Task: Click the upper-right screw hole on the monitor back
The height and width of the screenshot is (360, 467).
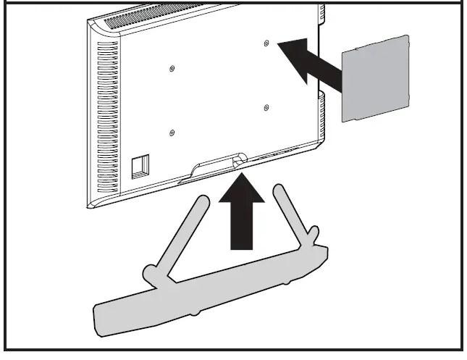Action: point(267,44)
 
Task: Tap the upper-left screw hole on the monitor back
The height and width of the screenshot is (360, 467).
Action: point(172,69)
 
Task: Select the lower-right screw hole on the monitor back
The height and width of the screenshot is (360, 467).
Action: point(267,109)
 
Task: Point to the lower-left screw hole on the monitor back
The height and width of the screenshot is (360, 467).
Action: point(172,133)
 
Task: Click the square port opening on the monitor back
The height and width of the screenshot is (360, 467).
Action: point(138,166)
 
